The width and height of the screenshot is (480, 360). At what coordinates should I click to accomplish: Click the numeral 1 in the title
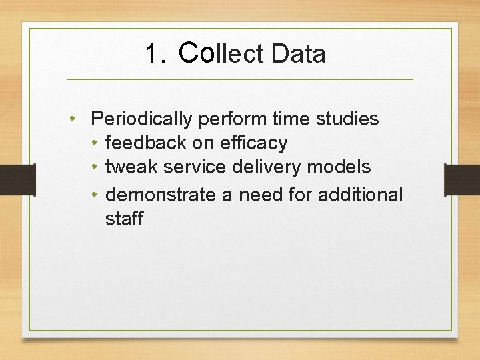(151, 54)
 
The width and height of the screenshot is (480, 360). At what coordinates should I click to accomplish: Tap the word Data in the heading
(299, 54)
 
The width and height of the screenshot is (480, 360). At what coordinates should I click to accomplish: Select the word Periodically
(141, 119)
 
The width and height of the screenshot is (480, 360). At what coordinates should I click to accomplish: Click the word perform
(231, 119)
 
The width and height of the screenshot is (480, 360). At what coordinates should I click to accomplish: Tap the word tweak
(130, 167)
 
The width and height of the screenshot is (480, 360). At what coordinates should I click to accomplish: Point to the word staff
(124, 219)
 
